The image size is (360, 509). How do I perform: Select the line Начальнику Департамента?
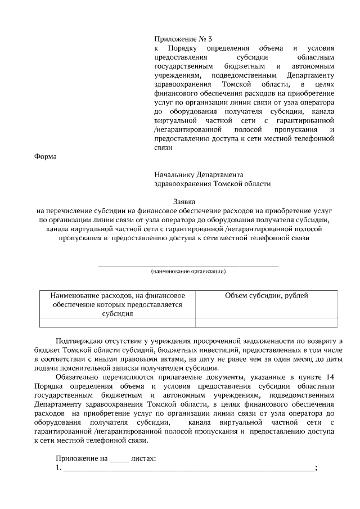pos(199,174)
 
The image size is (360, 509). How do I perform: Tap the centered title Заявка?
pos(183,201)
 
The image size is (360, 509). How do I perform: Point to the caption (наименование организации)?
pos(188,271)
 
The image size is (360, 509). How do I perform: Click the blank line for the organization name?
pos(188,264)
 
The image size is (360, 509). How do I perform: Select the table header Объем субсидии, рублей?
pos(266,296)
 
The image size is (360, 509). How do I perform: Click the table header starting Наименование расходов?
pos(118,304)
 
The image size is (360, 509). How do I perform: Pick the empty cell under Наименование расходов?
pos(118,322)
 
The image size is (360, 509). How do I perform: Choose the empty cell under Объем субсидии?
pos(266,322)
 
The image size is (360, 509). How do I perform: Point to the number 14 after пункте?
pos(329,376)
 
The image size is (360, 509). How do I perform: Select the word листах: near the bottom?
pos(143,458)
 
